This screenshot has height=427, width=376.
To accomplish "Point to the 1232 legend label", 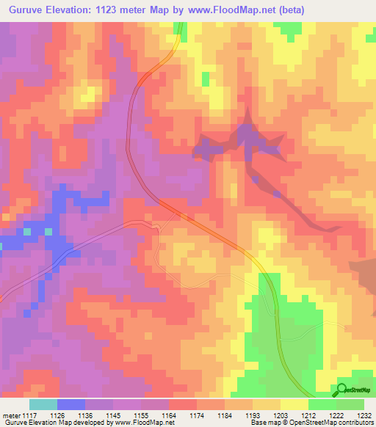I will [364, 415].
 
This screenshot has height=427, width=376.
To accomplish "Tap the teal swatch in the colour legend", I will [43, 404].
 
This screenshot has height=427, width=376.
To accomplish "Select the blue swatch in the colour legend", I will [70, 404].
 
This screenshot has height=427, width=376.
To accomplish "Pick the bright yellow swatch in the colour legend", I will [294, 404].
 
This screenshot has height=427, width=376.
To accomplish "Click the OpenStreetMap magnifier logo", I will [341, 390].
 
